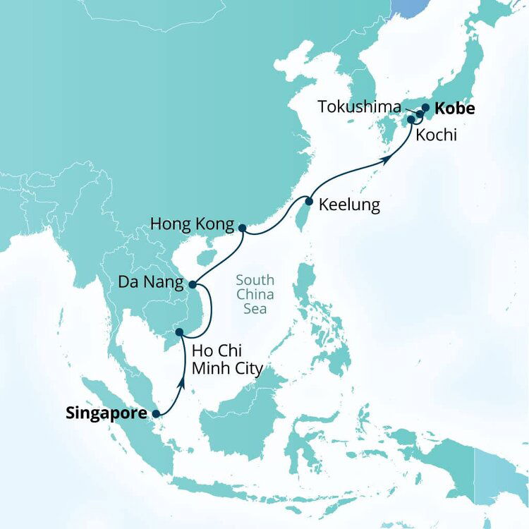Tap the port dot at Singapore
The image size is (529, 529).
[156, 415]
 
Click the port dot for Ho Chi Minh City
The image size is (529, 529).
[179, 332]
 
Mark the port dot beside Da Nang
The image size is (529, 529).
[191, 285]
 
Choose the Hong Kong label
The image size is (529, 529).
[192, 226]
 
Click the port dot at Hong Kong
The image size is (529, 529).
[242, 228]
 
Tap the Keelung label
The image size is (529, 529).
[349, 205]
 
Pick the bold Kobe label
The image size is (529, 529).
[455, 109]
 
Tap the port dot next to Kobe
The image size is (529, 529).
[425, 108]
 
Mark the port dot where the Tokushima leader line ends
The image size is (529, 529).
[419, 114]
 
